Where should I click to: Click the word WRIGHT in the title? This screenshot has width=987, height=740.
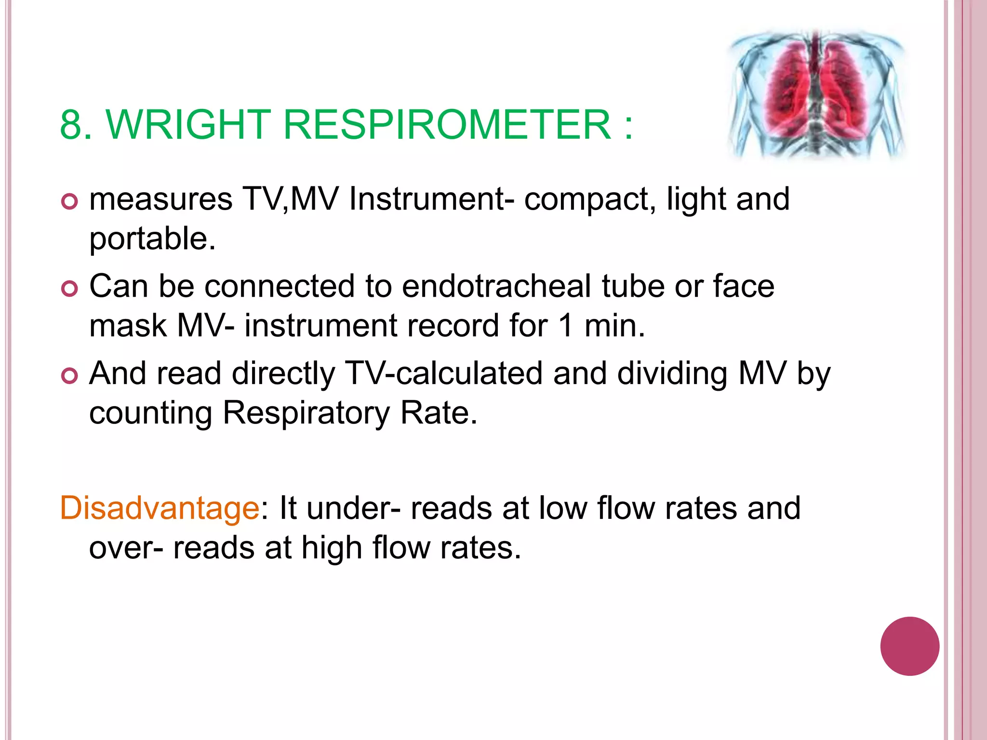tap(188, 124)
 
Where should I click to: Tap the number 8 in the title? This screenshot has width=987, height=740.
tap(70, 124)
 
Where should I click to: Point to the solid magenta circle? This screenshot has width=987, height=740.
tap(909, 646)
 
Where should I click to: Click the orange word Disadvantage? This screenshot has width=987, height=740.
tap(160, 508)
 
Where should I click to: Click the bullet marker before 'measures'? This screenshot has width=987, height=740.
tap(70, 201)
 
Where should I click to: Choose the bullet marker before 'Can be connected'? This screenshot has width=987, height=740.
tap(70, 289)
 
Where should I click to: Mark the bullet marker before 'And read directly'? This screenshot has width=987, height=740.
tap(70, 376)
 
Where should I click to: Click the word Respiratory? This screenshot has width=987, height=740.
tap(306, 413)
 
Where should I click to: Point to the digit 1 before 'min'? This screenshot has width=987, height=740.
tap(566, 326)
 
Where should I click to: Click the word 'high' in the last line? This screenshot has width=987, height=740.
tap(332, 549)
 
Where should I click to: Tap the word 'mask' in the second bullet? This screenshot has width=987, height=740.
tap(128, 326)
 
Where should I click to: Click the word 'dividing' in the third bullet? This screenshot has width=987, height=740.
tap(672, 374)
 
